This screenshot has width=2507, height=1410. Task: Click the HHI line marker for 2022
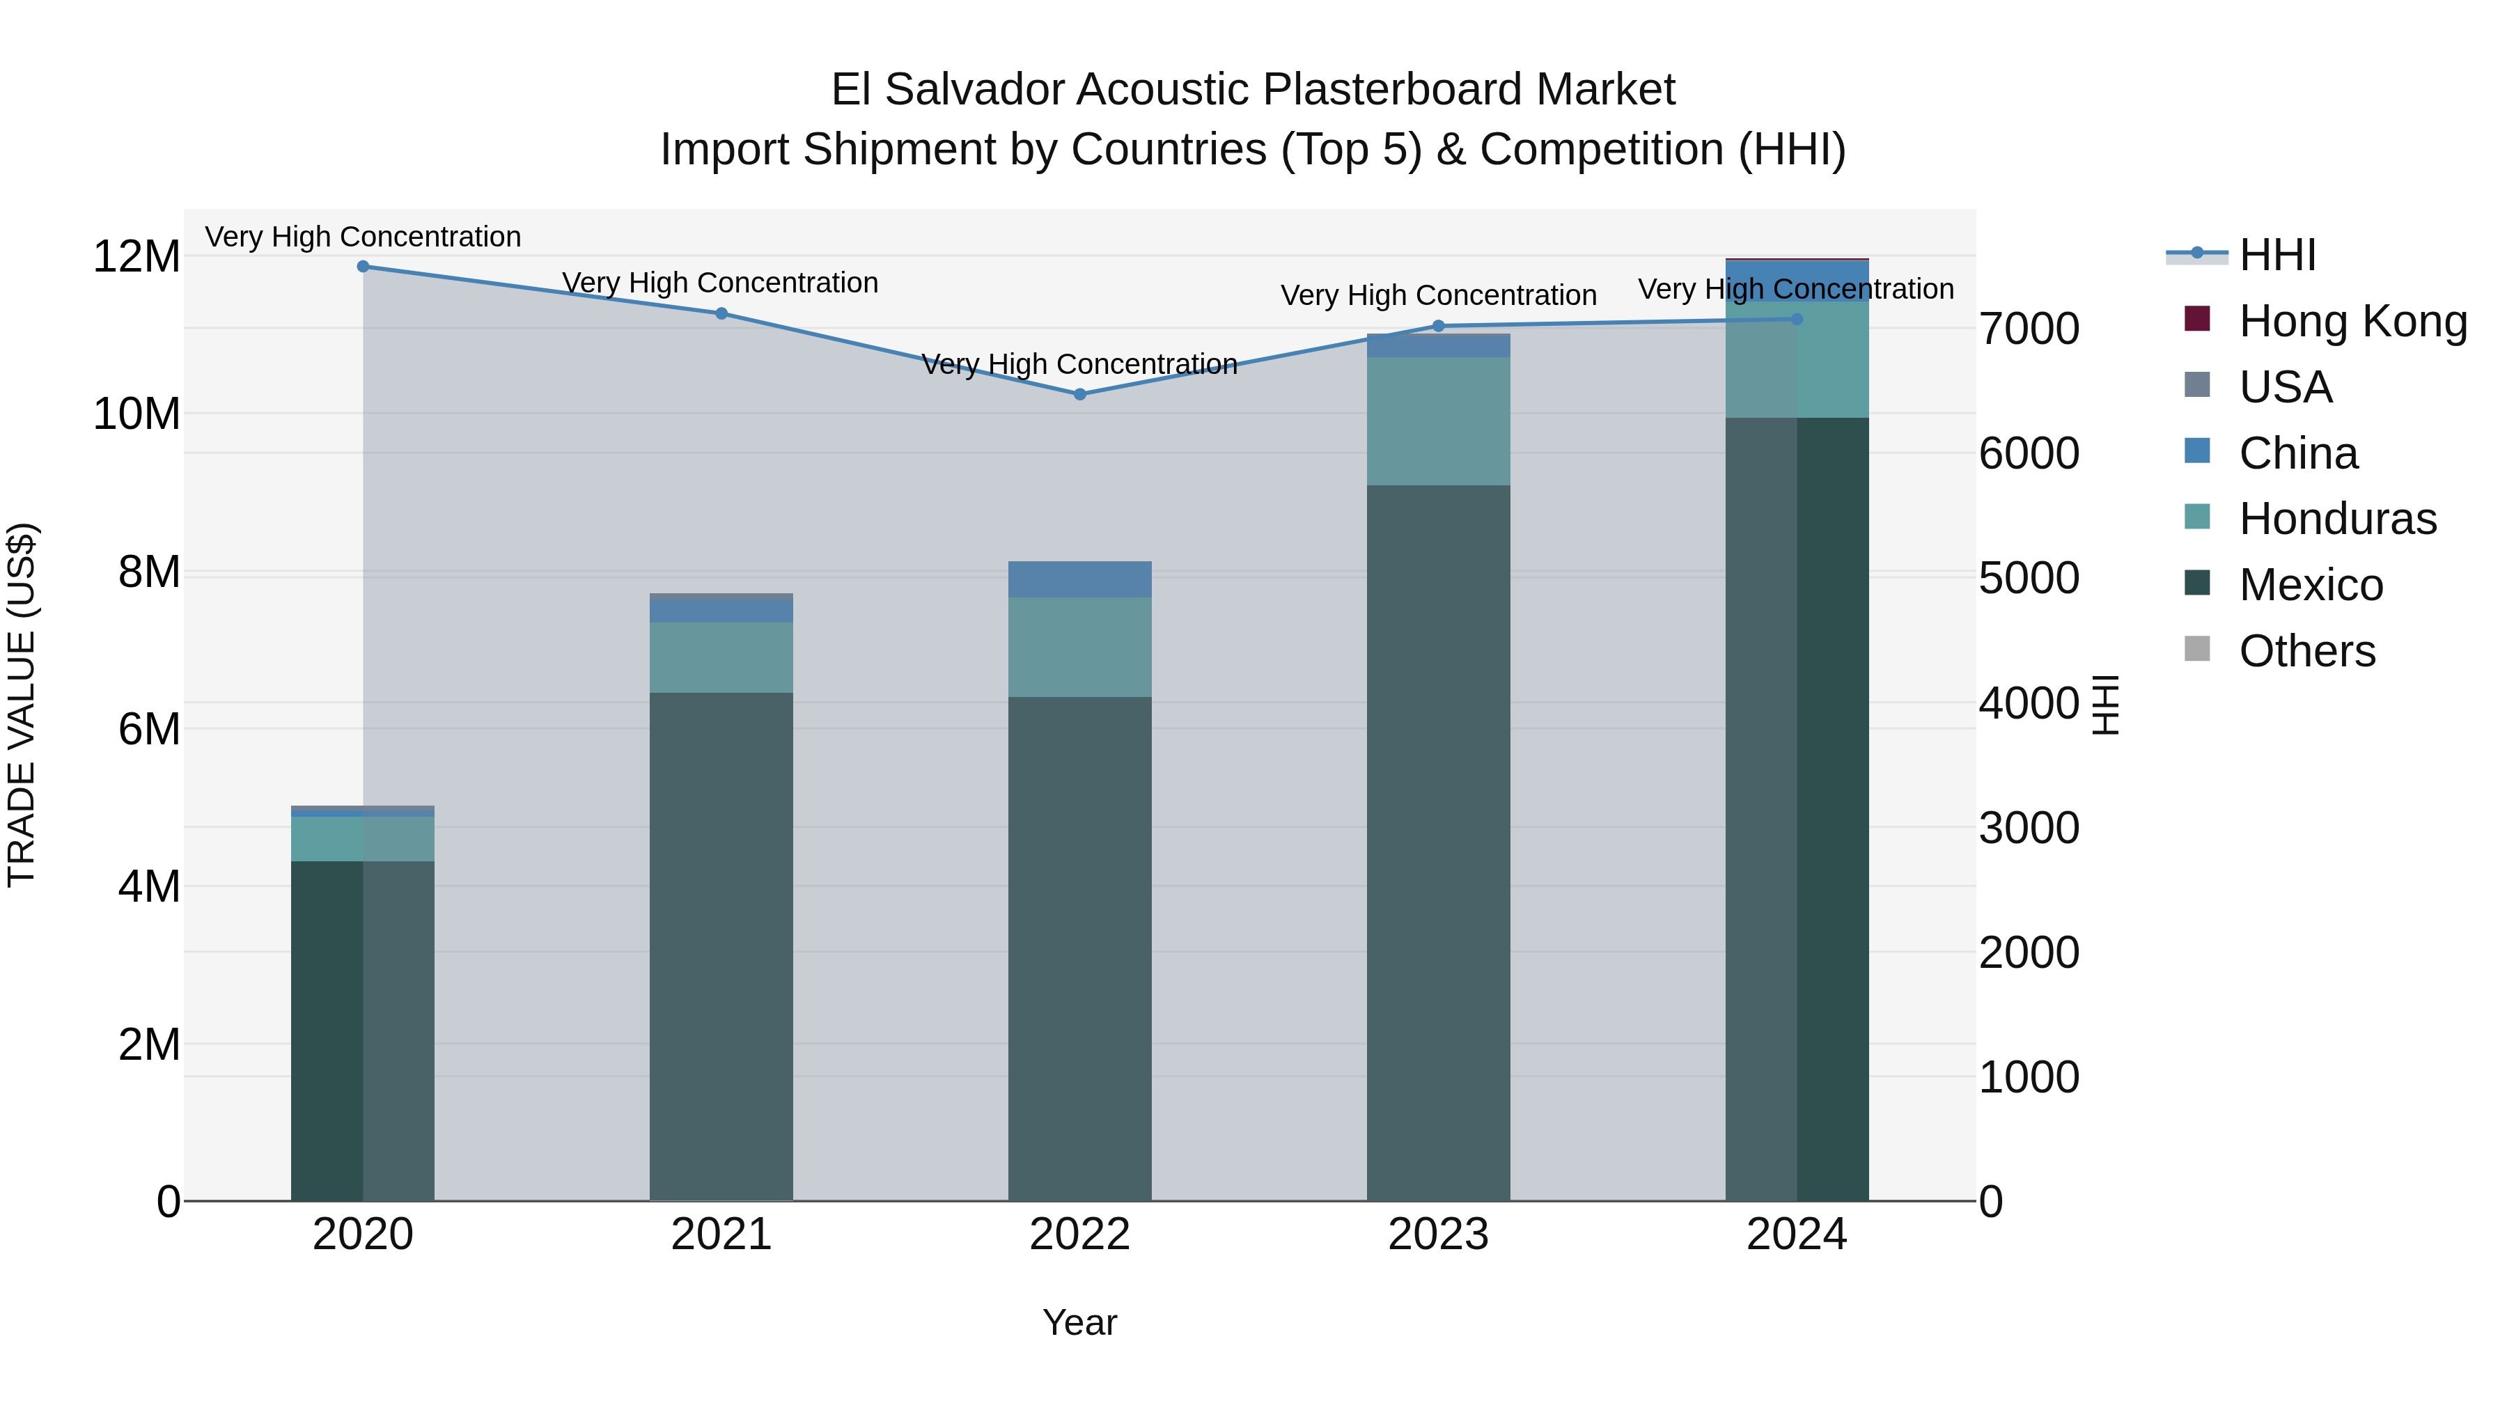point(1079,394)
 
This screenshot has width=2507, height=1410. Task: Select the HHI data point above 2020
point(363,266)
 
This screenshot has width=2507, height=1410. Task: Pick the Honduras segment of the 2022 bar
point(1079,647)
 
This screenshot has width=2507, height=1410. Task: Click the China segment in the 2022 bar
point(1079,580)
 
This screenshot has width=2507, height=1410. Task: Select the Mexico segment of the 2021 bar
point(721,946)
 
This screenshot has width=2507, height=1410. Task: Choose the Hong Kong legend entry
point(2352,321)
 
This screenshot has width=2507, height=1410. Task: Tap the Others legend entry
point(2306,651)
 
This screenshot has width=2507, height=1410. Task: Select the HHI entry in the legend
point(2276,255)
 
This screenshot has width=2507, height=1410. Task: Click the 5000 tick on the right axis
point(2029,578)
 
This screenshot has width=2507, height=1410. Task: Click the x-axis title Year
point(1079,1322)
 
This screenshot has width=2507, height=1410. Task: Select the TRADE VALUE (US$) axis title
point(22,705)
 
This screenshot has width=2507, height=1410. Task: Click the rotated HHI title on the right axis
point(2105,705)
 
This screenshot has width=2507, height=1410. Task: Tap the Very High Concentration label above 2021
point(720,283)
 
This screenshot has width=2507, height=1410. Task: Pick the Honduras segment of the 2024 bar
point(1797,359)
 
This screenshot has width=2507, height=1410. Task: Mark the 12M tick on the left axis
point(136,257)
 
